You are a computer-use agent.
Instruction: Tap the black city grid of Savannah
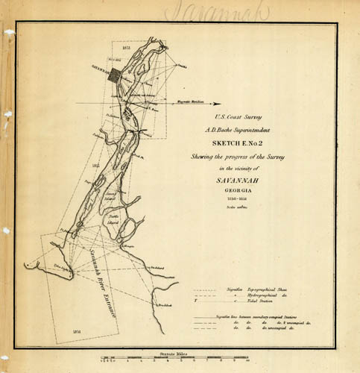113,75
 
